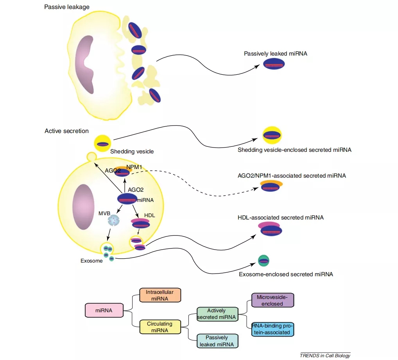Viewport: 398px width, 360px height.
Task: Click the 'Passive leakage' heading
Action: click(x=67, y=7)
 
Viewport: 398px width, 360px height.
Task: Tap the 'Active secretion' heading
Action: click(x=66, y=131)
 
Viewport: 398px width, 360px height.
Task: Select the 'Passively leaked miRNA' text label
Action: click(x=275, y=54)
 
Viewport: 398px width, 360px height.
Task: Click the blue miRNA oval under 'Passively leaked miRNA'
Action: click(x=274, y=65)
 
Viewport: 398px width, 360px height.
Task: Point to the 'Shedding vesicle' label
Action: click(x=132, y=151)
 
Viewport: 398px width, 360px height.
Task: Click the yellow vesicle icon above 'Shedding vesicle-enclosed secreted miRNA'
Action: click(x=272, y=135)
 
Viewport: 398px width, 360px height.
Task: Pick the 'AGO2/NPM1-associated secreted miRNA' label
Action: click(x=292, y=176)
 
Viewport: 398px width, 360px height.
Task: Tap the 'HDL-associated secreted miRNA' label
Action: click(x=280, y=217)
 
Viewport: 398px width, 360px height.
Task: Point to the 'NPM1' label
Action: click(x=134, y=167)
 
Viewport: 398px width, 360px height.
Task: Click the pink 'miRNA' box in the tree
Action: click(x=104, y=311)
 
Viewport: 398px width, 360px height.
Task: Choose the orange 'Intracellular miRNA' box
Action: click(x=160, y=295)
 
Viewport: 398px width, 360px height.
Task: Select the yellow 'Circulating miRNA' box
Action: click(x=160, y=327)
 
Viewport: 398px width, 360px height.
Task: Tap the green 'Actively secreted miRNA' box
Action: click(x=217, y=314)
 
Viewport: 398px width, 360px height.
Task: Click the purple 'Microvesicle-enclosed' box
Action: click(x=273, y=300)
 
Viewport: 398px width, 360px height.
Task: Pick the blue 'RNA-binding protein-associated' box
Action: click(x=273, y=329)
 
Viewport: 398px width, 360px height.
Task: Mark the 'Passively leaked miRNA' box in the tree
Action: click(x=217, y=341)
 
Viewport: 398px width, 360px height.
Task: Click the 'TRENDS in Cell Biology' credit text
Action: click(x=325, y=355)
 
